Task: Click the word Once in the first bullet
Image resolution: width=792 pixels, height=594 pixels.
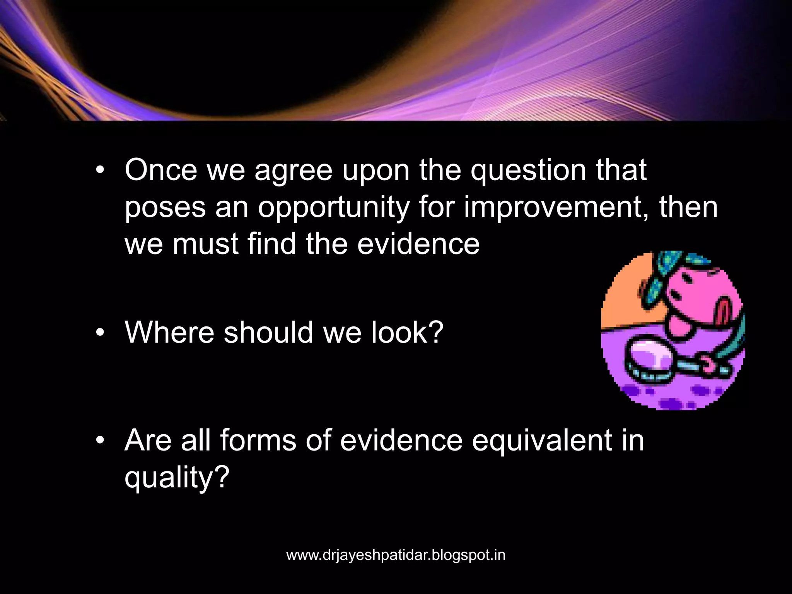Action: pos(160,170)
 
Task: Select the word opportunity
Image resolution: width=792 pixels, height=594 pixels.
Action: pos(333,208)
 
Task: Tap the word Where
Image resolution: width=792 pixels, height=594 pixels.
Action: pos(169,332)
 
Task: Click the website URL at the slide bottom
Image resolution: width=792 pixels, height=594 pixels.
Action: pos(396,555)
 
